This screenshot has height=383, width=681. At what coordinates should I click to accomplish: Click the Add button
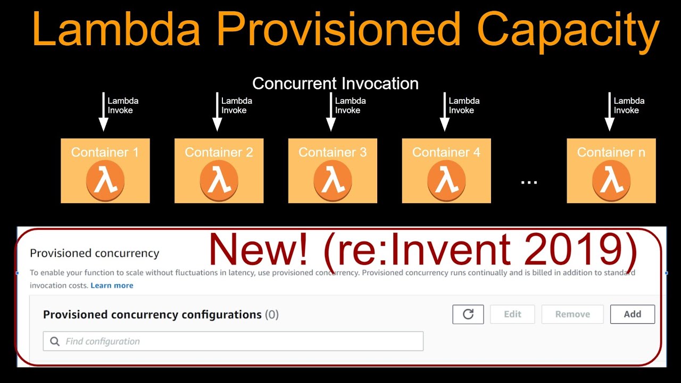pos(632,314)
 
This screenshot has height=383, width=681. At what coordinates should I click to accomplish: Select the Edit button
pos(512,314)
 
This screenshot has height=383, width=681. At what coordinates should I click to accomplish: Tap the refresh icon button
pos(468,314)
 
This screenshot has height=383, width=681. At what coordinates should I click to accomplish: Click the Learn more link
pos(112,286)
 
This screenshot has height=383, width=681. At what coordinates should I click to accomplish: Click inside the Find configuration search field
pos(239,342)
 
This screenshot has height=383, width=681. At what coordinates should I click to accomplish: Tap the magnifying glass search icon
pos(55,342)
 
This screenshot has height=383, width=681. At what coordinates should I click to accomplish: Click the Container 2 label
pos(219,153)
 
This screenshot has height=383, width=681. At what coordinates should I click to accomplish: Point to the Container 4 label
pos(446,153)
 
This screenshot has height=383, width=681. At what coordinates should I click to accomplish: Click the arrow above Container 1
pos(103,112)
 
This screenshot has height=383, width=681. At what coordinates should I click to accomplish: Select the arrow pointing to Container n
pos(610,112)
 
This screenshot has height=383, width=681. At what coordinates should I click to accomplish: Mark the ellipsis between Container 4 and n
pos(529,182)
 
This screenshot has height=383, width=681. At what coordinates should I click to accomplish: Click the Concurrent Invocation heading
pos(335,84)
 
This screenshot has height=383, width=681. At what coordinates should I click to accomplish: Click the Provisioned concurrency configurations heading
pos(152,314)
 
